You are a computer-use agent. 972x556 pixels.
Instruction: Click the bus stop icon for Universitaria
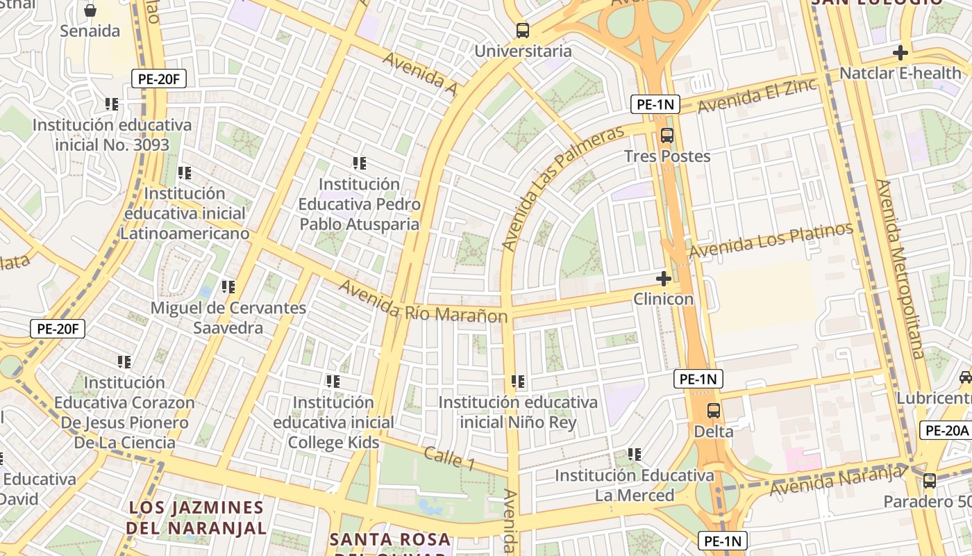coord(523,31)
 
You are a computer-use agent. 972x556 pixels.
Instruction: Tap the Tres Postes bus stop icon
coord(667,136)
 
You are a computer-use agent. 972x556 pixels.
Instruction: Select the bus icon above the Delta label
coord(714,410)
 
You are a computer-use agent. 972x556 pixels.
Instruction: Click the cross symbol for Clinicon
coord(664,279)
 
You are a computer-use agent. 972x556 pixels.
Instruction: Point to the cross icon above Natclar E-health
coord(900,52)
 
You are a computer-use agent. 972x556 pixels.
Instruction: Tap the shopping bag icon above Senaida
coord(90,10)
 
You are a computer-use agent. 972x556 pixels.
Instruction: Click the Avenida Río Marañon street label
coord(423,302)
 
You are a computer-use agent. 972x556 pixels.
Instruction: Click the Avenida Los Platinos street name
coord(771,240)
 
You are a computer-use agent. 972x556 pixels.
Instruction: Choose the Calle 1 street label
coord(449,458)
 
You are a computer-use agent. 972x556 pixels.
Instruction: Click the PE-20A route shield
coord(945,430)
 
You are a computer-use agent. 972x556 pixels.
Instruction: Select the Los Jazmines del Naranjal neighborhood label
coord(197,517)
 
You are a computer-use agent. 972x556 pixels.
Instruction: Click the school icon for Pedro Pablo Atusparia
coord(359,163)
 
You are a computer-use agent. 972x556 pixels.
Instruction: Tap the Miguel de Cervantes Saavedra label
coord(228,318)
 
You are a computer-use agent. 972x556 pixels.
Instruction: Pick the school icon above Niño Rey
coord(518,382)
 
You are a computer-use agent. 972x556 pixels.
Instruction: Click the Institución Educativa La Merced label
coord(634,485)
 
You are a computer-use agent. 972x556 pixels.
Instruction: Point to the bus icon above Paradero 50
coord(930,480)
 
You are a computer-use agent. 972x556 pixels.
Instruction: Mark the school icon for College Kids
coord(333,382)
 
